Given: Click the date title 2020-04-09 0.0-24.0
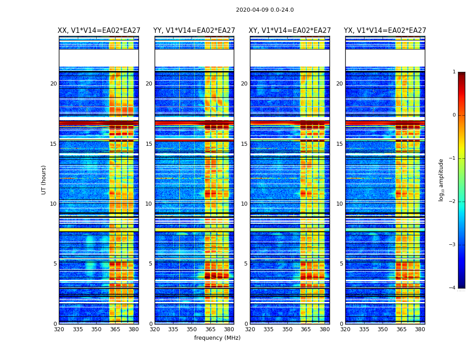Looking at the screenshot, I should [265, 10].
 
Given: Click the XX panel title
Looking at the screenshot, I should [99, 31].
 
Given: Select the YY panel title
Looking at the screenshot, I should [194, 31].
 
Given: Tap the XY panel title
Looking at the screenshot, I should [290, 31].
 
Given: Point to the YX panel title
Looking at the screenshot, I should [385, 31].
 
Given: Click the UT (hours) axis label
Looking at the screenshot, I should [44, 180].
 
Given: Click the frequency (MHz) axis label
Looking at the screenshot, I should [217, 338].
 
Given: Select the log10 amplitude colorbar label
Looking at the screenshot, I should [441, 180].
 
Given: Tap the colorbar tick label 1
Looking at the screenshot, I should [454, 72].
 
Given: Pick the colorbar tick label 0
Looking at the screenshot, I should [454, 115].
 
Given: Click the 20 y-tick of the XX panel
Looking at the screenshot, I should [53, 84].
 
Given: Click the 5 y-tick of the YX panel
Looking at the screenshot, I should [341, 264].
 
